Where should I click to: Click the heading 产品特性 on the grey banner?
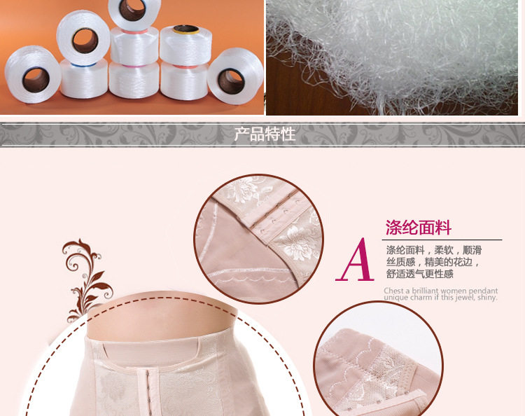click(265, 134)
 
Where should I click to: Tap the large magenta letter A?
click(355, 260)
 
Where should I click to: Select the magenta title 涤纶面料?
click(419, 228)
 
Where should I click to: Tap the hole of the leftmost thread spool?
click(36, 80)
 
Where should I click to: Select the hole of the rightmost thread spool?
click(231, 81)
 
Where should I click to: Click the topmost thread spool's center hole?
click(132, 9)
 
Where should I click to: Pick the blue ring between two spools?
click(83, 64)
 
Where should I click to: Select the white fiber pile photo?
click(392, 57)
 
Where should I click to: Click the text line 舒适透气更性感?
click(419, 274)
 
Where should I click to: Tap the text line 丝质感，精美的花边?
click(433, 262)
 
